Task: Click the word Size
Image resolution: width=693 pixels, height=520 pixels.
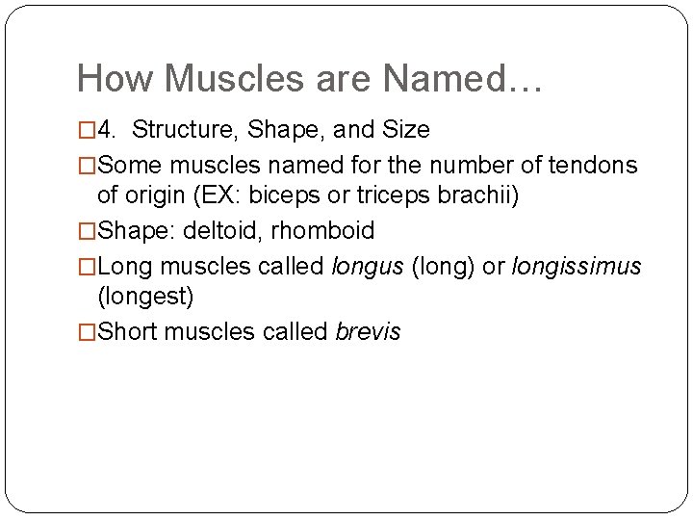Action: click(x=405, y=129)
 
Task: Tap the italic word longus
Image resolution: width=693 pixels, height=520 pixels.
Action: click(x=369, y=266)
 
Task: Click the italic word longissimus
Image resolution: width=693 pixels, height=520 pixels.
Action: click(x=576, y=266)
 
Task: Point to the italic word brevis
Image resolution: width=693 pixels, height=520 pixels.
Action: click(x=368, y=332)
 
